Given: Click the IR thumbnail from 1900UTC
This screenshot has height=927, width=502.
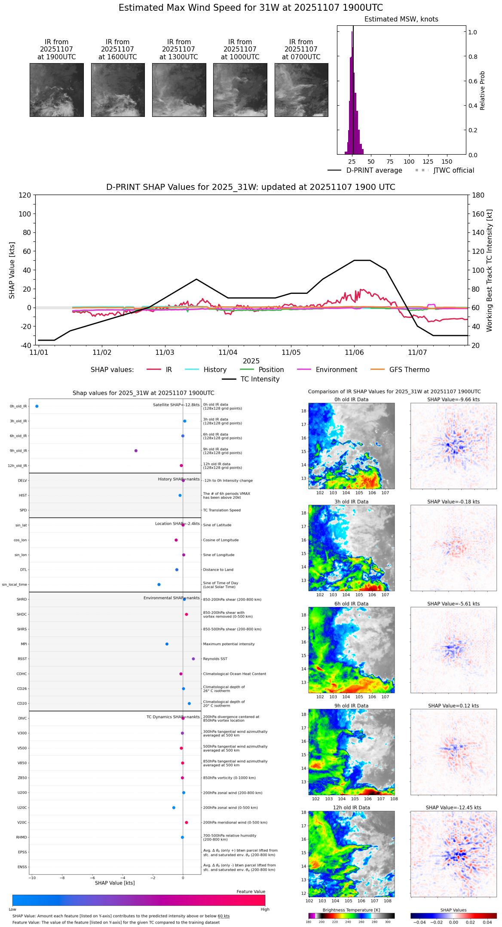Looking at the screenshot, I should point(57,90).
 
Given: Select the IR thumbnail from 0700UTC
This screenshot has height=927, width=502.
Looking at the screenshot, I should point(301,90).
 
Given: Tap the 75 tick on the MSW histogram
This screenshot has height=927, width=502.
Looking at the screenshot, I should point(390,162).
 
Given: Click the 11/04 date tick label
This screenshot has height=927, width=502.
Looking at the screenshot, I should point(228,352).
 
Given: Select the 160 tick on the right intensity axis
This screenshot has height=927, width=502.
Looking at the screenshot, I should point(478,214).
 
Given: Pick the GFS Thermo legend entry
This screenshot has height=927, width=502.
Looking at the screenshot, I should point(409,370).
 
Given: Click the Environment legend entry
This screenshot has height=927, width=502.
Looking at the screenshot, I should point(336,370).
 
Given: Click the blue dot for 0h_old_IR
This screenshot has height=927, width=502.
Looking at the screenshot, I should point(37,406).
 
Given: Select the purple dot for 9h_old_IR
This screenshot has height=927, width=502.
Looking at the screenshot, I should point(136,451).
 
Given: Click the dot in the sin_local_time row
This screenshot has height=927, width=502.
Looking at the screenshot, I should point(159,584).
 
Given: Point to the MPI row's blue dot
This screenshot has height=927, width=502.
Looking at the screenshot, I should point(167,644).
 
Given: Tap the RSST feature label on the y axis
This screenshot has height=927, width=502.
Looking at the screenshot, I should point(22,659).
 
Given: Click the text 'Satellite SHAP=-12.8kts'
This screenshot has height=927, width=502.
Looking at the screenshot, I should point(176,405).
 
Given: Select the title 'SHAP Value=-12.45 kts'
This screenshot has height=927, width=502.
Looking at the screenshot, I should point(453,808).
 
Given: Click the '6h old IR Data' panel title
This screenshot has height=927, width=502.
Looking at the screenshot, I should point(351,604).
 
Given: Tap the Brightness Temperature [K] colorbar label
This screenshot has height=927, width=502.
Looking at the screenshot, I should point(351,910).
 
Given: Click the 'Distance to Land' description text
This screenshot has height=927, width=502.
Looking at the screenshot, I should point(218,570).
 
